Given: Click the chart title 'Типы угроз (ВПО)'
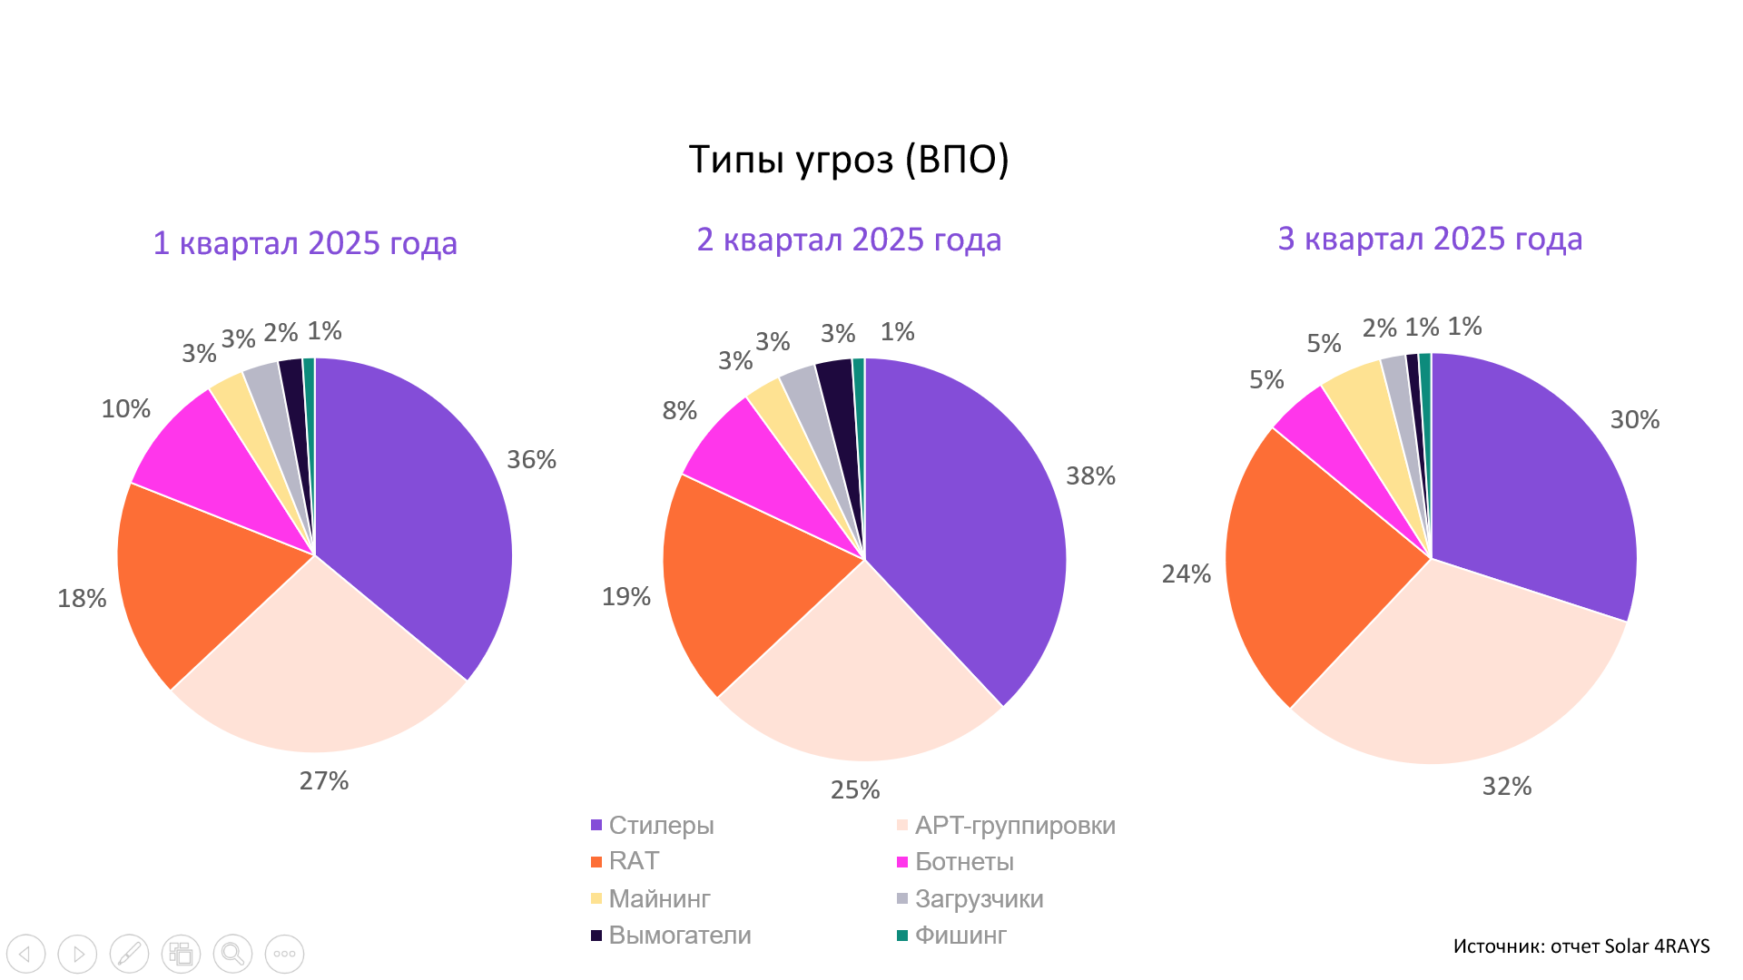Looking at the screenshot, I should pos(848,160).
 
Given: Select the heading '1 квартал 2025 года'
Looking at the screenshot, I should pos(305,243).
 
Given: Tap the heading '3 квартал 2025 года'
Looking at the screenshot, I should pos(1430,239).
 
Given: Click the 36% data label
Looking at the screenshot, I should pos(531,460).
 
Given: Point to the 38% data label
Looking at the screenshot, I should pos(1090,476).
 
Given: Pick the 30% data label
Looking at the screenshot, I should pos(1634,420).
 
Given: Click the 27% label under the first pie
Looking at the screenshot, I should pos(324,781).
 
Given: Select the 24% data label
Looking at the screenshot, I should pos(1186,574).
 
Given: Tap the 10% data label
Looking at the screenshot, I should pos(125,409).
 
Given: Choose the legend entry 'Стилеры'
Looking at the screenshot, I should pos(661,826).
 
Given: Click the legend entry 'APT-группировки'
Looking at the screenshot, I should pos(1014,826).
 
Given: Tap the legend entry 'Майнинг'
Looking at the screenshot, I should pos(659,899).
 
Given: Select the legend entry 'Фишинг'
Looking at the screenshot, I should pos(960,936).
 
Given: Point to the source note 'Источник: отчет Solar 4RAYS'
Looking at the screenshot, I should pos(1581,946).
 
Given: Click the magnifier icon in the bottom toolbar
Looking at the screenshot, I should pos(232,954).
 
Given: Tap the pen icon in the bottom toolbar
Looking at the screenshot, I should pos(129,954).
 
